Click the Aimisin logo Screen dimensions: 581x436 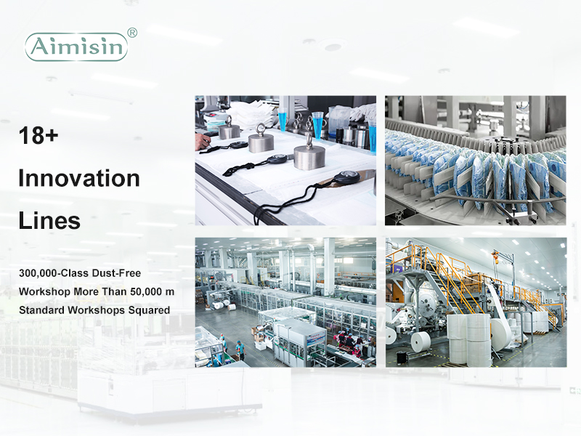tap(76, 47)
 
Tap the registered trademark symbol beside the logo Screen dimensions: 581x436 tap(132, 33)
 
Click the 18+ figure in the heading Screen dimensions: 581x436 tap(38, 135)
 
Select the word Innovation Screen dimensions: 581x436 tap(79, 178)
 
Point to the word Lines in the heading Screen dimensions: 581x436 tap(49, 221)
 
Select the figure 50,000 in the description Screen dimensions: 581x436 tap(146, 292)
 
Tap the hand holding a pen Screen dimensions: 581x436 tap(203, 141)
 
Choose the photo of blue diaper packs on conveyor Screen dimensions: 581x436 tap(476, 160)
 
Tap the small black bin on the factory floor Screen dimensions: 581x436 tap(402, 357)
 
